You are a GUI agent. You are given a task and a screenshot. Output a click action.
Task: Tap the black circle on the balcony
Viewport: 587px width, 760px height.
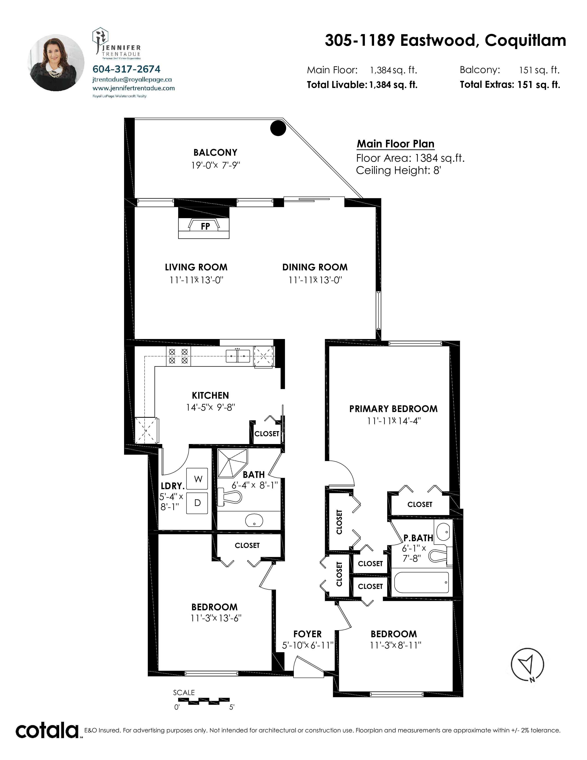coord(278,128)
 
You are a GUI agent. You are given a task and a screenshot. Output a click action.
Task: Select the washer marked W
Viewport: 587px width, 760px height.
coord(198,479)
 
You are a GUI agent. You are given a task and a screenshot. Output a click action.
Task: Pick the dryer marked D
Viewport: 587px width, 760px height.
coord(198,503)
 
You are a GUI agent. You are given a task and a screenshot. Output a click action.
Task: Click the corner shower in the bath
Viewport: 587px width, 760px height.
coord(231,463)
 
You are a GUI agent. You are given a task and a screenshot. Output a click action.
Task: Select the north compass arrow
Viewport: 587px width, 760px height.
coord(527,665)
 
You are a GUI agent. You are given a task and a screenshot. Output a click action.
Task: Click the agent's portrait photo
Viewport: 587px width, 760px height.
coord(56,63)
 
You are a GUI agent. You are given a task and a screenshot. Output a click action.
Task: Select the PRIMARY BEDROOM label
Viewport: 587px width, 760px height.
coord(393,409)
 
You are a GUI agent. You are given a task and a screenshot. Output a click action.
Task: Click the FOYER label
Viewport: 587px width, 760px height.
coord(307,634)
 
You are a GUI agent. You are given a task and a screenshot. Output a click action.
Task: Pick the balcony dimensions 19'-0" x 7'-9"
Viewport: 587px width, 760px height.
coord(216,165)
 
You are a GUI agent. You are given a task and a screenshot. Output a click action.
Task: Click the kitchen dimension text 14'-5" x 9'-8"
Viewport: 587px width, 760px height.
coord(210,407)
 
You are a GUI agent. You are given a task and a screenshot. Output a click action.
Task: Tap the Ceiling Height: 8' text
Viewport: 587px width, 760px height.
coord(398,170)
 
